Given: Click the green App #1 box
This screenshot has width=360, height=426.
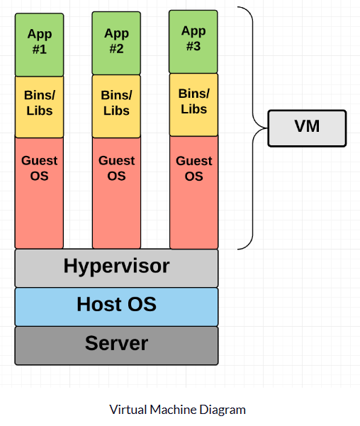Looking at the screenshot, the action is tap(40, 45).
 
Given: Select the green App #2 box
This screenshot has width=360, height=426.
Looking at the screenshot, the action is tap(116, 43).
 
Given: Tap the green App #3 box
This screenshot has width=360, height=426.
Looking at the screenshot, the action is tap(193, 42).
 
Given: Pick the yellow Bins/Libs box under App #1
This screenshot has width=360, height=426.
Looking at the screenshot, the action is tap(40, 107).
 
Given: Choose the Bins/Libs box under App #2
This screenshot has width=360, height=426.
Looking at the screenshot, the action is tap(116, 106).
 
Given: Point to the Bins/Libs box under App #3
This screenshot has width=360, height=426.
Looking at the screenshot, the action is tap(193, 105).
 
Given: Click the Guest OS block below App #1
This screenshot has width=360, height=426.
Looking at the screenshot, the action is tap(40, 193).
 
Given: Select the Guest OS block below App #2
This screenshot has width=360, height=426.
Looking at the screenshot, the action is tap(116, 193).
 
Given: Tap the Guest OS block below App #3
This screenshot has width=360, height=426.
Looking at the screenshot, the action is tap(194, 192).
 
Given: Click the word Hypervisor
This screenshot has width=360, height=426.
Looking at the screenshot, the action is tap(116, 266).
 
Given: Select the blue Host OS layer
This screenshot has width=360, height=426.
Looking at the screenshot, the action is tap(116, 307).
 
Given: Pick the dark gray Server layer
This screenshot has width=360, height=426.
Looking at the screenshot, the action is tap(116, 346).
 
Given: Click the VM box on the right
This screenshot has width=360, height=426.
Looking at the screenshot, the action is tap(307, 128).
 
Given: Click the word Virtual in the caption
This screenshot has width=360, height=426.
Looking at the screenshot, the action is tap(128, 410).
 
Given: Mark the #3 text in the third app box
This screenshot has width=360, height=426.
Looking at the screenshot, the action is tap(193, 46).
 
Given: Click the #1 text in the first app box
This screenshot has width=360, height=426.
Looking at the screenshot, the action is tap(40, 49).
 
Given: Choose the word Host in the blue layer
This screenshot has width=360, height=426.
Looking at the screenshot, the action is tap(100, 304).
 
